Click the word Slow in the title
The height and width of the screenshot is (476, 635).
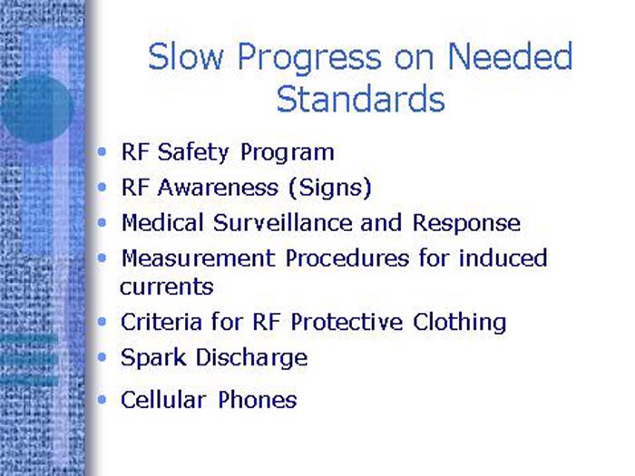[186, 57]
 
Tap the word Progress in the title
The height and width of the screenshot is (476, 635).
[308, 59]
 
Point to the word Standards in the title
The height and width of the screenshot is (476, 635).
[360, 99]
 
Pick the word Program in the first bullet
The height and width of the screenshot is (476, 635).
[288, 153]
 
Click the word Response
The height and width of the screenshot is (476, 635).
[466, 223]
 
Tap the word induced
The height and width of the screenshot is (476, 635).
[503, 258]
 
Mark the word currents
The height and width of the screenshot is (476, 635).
[166, 287]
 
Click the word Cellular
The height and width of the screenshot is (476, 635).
[163, 399]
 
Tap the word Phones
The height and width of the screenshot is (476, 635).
[257, 399]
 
